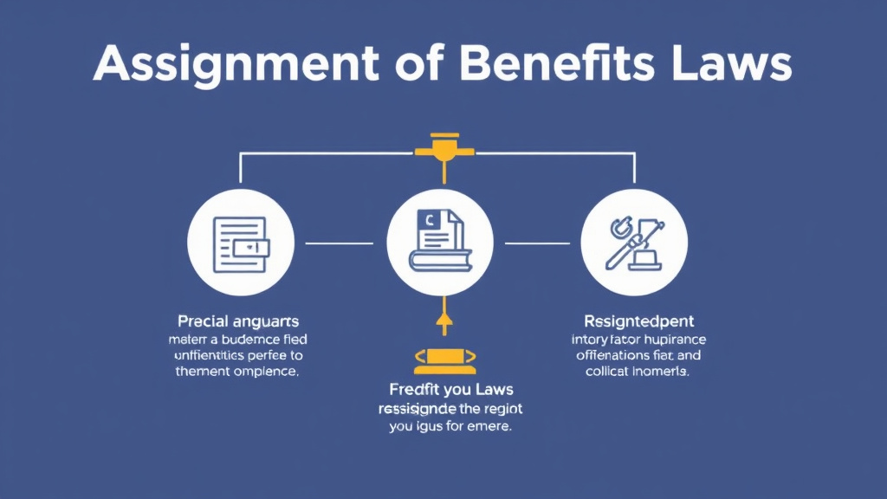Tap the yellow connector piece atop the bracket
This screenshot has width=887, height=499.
(443, 147)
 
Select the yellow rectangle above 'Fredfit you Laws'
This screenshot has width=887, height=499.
(443, 355)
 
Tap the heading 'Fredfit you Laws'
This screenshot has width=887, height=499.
(443, 390)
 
